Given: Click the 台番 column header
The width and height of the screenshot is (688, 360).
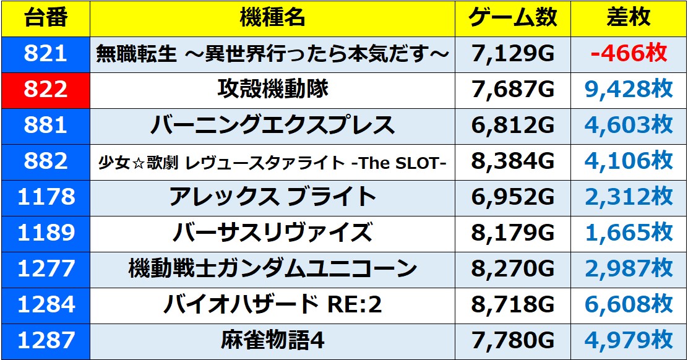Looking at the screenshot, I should point(45,19).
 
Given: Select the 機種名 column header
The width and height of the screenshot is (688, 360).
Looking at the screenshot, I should point(272,19).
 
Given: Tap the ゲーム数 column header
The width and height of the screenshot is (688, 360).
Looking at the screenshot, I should point(513,19).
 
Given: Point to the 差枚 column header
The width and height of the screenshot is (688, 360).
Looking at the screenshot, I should point(628,19).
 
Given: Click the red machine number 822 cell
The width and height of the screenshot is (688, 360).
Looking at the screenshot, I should point(45,90).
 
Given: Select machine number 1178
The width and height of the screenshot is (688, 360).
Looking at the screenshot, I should point(45,197).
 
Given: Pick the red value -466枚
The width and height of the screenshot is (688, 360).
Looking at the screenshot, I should point(628,54).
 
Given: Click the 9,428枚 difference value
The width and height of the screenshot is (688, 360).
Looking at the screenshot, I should point(628,90).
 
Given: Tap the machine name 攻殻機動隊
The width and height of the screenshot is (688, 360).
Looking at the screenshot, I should point(272,90).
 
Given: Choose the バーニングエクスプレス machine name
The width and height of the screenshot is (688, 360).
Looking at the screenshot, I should point(272,126).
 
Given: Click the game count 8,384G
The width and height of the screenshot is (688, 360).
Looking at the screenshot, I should point(513,161).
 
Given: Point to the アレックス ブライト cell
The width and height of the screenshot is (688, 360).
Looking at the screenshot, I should point(272,197).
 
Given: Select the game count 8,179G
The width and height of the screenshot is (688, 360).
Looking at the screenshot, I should point(513,233).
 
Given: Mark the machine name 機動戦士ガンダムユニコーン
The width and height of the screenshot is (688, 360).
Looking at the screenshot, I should point(272,269).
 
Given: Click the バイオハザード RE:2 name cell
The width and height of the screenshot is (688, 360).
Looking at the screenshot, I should point(272,305).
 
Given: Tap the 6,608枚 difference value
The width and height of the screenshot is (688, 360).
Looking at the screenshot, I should point(628,305).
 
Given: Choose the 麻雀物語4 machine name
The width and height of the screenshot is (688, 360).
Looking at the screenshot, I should point(272,341).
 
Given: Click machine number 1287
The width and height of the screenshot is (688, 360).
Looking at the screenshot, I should point(45,341).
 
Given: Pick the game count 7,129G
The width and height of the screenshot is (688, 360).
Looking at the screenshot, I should point(513,54).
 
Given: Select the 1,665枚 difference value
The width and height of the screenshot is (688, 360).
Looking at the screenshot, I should point(628,233).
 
